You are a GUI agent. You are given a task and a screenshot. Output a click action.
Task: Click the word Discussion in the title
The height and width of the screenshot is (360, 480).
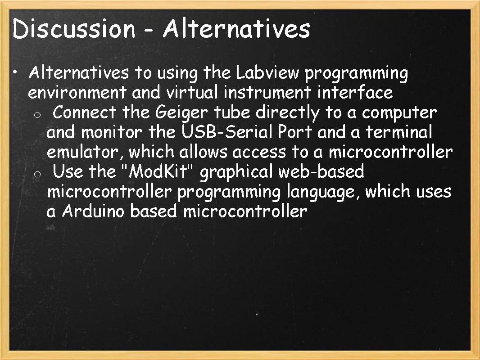pyautogui.click(x=74, y=29)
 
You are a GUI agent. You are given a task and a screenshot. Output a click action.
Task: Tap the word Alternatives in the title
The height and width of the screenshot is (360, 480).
pyautogui.click(x=236, y=29)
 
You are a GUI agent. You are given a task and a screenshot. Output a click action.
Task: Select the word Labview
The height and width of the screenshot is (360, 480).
pyautogui.click(x=268, y=73)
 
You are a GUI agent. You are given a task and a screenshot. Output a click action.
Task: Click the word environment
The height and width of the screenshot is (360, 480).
pyautogui.click(x=77, y=93)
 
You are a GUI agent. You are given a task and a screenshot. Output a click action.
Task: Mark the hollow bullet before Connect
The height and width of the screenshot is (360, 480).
pyautogui.click(x=38, y=115)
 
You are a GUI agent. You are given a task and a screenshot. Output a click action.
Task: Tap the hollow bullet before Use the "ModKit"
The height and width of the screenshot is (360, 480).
pyautogui.click(x=38, y=174)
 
